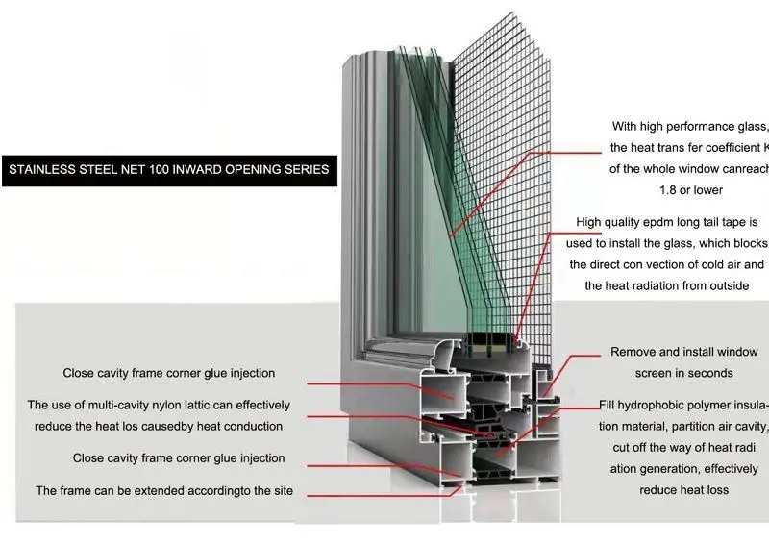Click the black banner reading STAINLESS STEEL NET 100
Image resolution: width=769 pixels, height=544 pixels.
point(168,170)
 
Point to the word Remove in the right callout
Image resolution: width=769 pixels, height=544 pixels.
point(633,352)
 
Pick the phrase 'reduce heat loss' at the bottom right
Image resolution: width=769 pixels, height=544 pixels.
point(683,490)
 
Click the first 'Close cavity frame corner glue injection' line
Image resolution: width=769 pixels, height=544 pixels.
point(169,373)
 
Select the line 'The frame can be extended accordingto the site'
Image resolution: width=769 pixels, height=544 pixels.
point(164,491)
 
